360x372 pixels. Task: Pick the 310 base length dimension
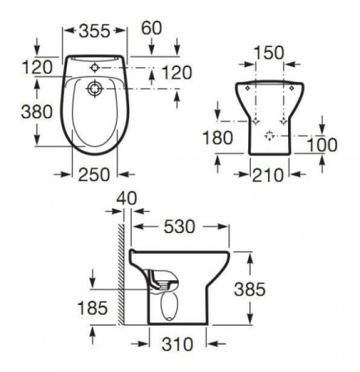(179, 341)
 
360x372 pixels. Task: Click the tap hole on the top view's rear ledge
(95, 66)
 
